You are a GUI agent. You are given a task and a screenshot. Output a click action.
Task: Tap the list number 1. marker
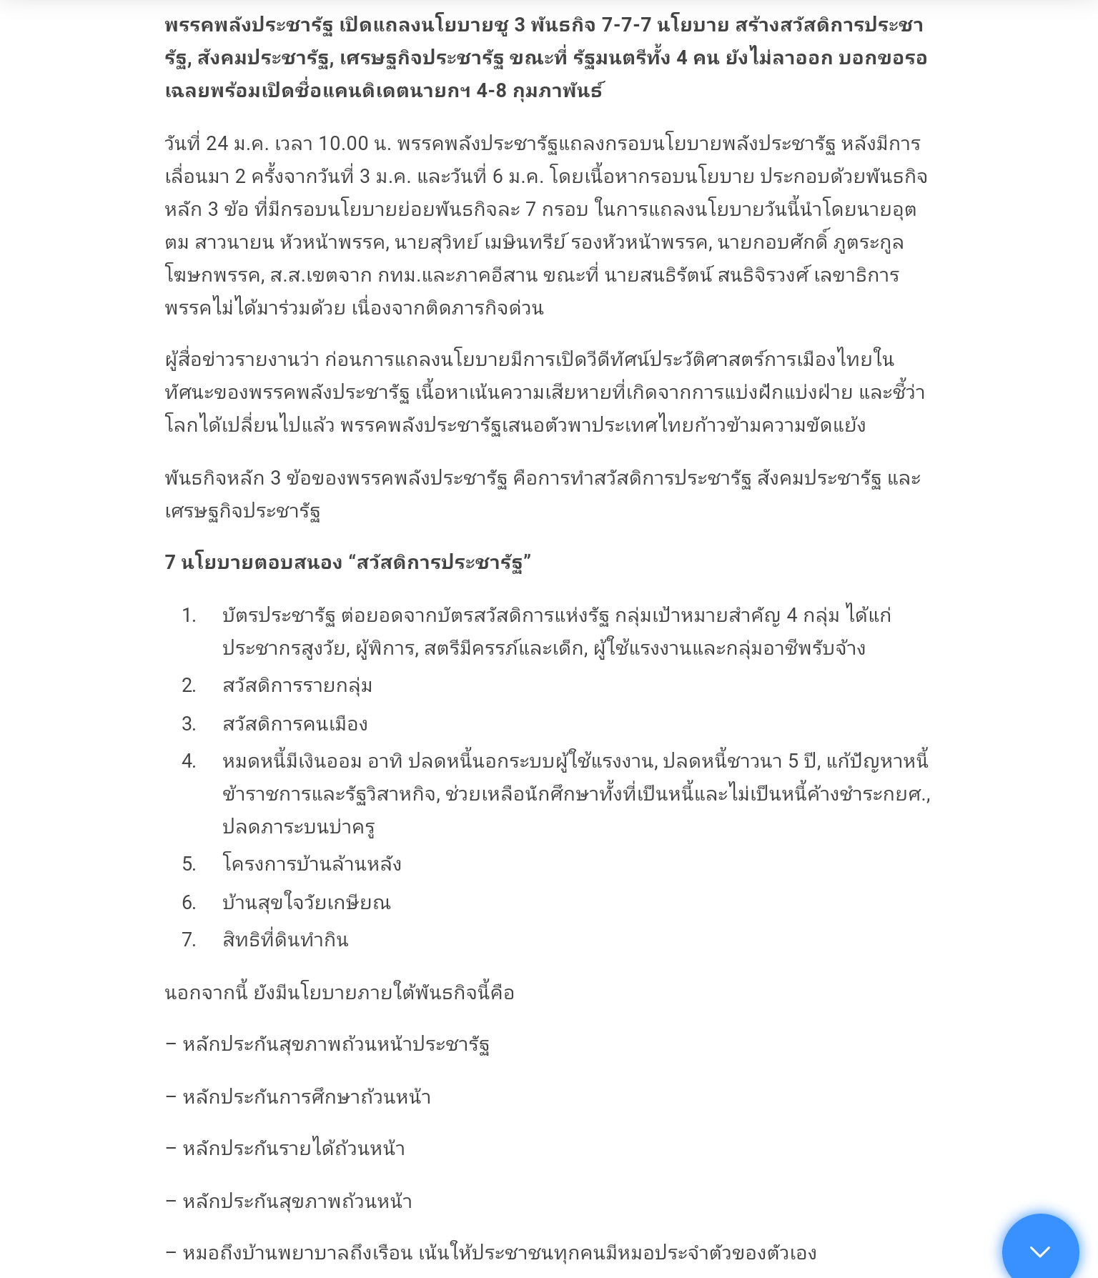point(189,615)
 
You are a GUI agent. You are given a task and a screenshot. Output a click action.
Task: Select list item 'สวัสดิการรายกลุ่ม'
point(297,685)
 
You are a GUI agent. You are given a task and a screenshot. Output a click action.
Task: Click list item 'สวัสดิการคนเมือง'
point(295,724)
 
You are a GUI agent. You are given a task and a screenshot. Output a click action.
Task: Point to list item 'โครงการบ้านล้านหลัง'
point(312,864)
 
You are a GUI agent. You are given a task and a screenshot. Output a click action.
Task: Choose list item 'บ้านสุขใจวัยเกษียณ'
point(307,903)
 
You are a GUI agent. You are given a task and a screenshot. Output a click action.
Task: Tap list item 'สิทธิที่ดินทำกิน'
point(285,940)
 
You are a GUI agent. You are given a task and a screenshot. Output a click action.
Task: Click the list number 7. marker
point(189,940)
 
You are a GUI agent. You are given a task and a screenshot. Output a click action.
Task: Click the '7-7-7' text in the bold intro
point(626,25)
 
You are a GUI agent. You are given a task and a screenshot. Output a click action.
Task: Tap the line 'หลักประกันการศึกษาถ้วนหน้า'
point(306,1097)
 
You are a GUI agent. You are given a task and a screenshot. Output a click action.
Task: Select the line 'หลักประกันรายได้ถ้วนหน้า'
point(293,1149)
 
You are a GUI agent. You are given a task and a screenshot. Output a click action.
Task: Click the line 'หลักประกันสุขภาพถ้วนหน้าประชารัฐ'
point(335,1044)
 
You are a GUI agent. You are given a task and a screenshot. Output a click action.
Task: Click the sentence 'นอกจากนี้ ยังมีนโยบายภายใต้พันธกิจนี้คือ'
point(340,993)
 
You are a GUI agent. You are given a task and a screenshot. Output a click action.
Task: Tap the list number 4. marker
point(189,761)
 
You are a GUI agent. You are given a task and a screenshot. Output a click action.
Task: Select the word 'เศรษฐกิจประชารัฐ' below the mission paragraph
point(242,511)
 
